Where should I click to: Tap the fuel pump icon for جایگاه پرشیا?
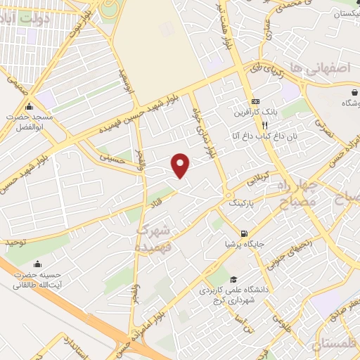[243, 234]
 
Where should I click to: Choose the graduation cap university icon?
[231, 278]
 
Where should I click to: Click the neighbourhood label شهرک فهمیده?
[153, 237]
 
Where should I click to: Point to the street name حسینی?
[111, 160]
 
